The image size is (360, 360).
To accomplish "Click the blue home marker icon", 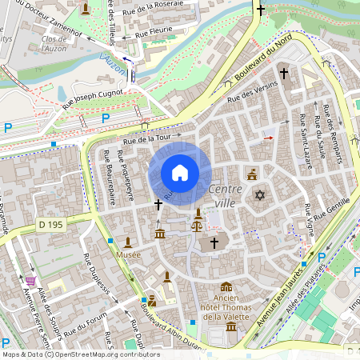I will [x=180, y=173].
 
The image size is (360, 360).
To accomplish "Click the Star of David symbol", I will [x=258, y=195].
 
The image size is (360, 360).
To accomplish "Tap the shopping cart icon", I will [x=30, y=281].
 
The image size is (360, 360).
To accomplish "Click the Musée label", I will [x=128, y=254].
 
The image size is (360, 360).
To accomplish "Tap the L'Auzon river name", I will [x=113, y=64].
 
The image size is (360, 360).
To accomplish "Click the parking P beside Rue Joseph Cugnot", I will [x=105, y=118].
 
